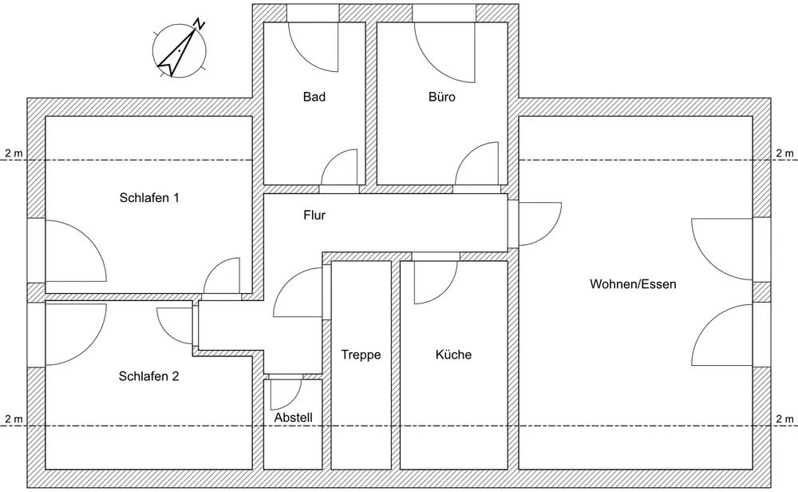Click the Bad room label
pyautogui.click(x=314, y=97)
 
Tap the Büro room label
pyautogui.click(x=441, y=97)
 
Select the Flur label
pyautogui.click(x=314, y=215)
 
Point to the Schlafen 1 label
pyautogui.click(x=148, y=197)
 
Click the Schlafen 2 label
pyautogui.click(x=148, y=376)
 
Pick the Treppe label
pyautogui.click(x=361, y=355)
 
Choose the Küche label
pyautogui.click(x=453, y=355)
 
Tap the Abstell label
pyautogui.click(x=293, y=418)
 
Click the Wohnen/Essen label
pyautogui.click(x=633, y=284)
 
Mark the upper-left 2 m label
pyautogui.click(x=14, y=153)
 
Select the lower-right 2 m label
pyautogui.click(x=784, y=419)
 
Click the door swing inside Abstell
pyautogui.click(x=284, y=391)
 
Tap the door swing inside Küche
pyautogui.click(x=427, y=280)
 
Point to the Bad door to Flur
pyautogui.click(x=338, y=169)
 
